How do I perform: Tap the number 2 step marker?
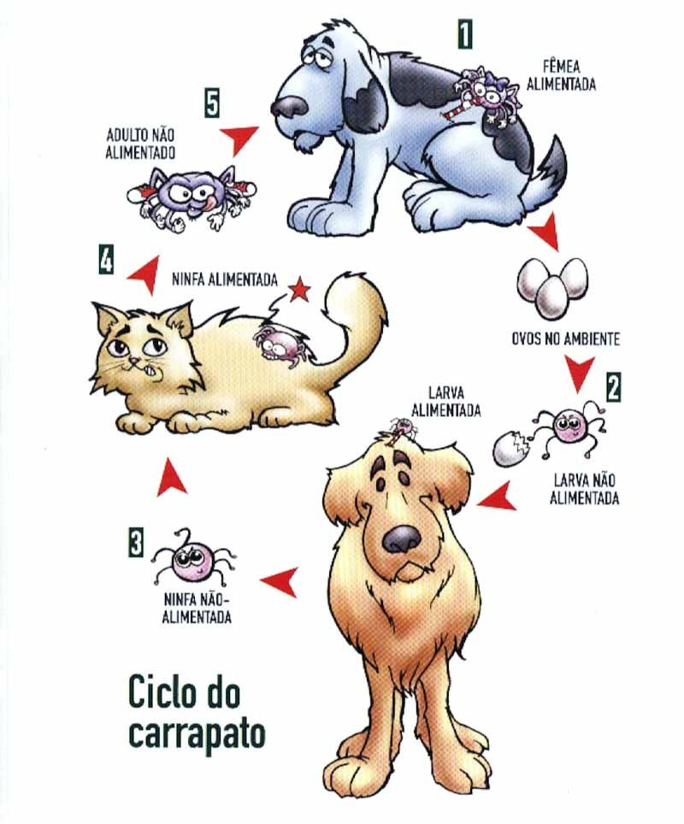[613, 387]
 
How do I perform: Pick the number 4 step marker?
[104, 260]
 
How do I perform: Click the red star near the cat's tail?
[299, 291]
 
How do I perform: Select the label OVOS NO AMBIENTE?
[565, 338]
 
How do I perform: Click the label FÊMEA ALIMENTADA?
[569, 75]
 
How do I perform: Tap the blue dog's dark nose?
[289, 106]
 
